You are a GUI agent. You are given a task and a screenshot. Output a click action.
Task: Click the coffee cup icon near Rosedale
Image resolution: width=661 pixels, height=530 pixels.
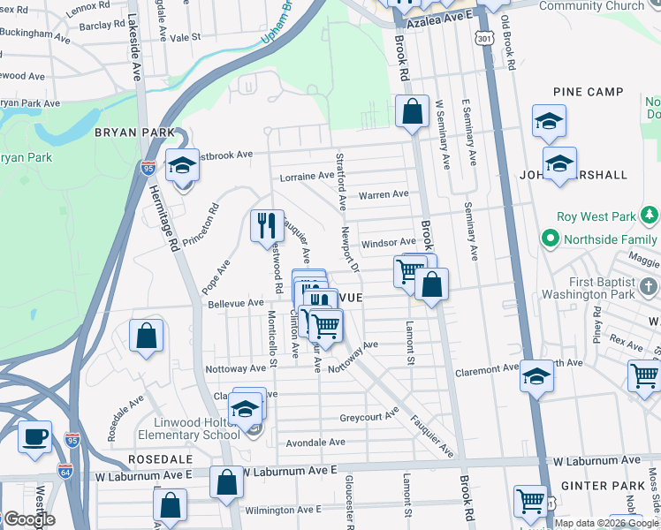coord(34,437)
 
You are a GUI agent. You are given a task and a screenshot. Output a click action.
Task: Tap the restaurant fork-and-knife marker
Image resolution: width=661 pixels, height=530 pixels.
coord(267,225)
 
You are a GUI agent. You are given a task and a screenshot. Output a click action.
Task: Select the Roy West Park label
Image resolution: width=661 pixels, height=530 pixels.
coord(596,216)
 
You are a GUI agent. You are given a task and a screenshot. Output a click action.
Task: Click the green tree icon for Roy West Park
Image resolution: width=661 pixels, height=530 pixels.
coord(650,215)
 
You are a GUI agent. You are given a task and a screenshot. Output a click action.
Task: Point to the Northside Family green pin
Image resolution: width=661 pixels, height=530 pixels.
coord(551,238)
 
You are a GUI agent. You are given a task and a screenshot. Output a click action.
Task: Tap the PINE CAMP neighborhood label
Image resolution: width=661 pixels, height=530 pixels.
coord(588,92)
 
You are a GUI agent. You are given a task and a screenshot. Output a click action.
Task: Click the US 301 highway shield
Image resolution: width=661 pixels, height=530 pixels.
coord(482,39)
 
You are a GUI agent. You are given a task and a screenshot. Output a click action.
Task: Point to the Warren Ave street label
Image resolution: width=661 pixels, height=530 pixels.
coord(383,194)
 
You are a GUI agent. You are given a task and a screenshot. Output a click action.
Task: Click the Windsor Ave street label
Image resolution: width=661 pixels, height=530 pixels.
coord(388,242)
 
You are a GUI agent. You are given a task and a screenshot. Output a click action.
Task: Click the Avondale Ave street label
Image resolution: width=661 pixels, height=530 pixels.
coord(313,442)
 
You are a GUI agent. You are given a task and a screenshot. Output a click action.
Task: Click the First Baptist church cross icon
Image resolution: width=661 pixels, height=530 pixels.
coord(648,286)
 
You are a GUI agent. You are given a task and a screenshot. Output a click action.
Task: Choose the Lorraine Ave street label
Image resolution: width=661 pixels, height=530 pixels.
coord(307,177)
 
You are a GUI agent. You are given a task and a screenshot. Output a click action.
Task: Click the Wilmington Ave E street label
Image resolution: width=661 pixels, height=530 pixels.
coord(284,510)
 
